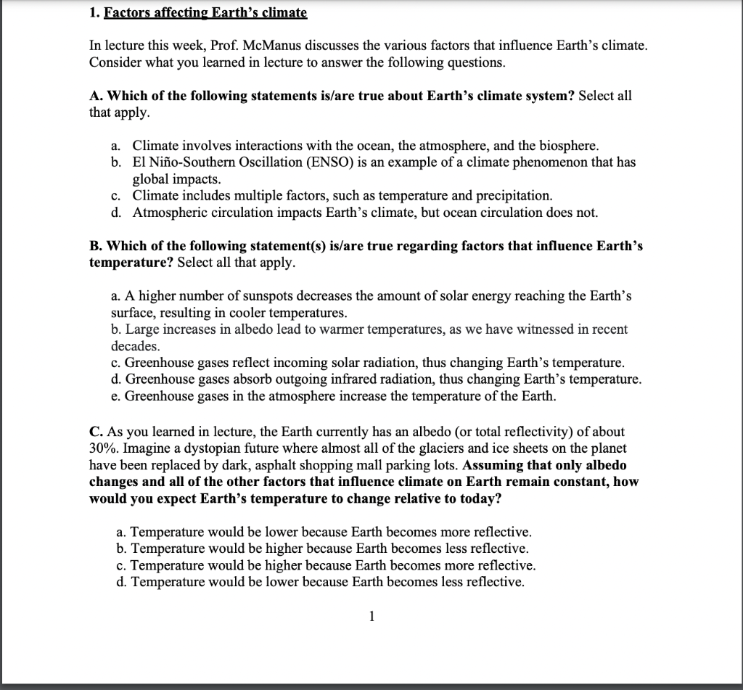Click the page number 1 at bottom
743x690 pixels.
pos(371,617)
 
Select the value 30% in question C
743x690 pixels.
pos(104,448)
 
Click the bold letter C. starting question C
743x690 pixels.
pos(96,432)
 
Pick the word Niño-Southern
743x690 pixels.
pos(192,162)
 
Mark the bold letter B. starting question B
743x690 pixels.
pos(96,246)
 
